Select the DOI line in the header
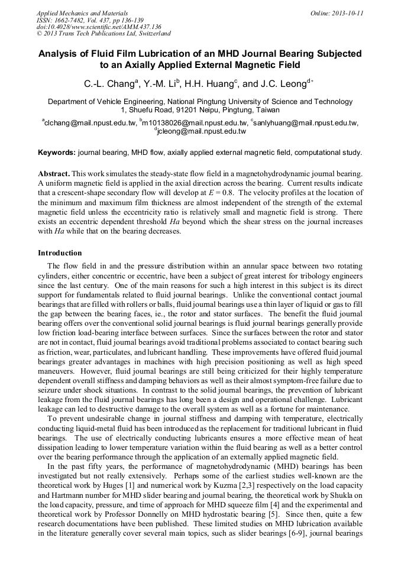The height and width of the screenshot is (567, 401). tap(99, 27)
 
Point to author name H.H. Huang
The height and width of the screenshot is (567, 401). tap(206, 83)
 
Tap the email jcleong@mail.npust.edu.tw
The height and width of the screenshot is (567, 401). tap(202, 131)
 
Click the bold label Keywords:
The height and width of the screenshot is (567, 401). tap(57, 153)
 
